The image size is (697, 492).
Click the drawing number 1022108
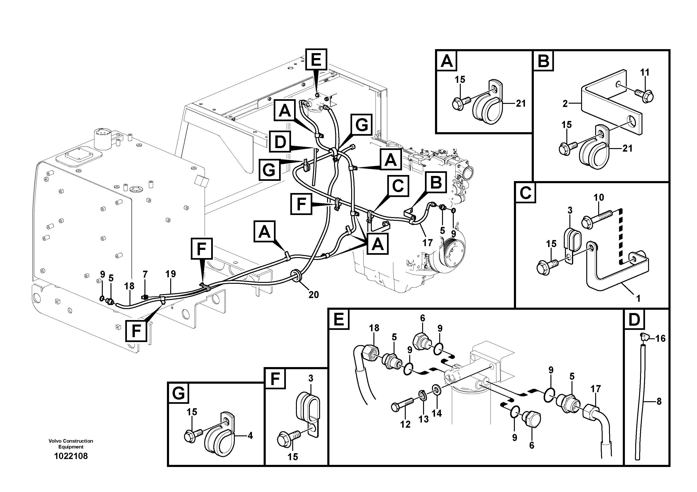point(71,456)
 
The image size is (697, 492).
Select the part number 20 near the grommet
point(313,295)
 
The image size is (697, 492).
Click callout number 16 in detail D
point(660,339)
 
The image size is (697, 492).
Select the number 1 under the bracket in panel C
point(638,299)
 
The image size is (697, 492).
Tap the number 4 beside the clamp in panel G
point(250,436)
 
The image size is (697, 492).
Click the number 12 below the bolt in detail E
point(405,424)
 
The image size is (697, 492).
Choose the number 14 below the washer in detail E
point(437,413)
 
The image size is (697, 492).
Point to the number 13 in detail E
point(424,419)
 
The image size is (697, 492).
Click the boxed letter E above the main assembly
point(316,59)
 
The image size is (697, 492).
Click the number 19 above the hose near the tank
point(171,274)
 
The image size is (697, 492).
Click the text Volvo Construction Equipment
point(71,444)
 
